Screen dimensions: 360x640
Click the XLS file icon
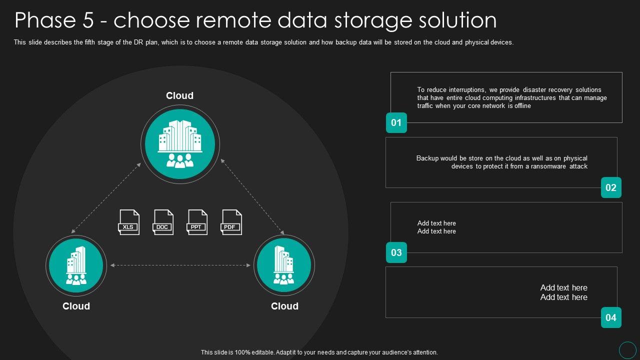point(128,222)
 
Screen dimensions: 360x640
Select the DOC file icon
point(162,222)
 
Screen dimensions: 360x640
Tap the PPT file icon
point(197,222)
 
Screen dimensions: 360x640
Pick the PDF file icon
point(231,222)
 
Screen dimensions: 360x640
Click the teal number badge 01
point(396,122)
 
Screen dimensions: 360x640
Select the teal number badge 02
point(611,187)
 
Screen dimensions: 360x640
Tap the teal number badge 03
point(396,252)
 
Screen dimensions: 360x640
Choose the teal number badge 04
point(611,317)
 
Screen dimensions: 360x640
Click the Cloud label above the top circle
point(179,95)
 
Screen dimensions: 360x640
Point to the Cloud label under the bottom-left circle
point(76,306)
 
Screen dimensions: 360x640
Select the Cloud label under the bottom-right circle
point(284,306)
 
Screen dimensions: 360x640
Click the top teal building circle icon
point(180,144)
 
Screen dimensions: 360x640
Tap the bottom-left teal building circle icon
point(76,265)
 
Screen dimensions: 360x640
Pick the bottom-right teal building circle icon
point(284,265)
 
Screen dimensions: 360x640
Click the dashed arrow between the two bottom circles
point(180,265)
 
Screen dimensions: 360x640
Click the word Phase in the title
point(45,20)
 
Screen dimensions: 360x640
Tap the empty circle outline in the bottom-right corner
point(627,349)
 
